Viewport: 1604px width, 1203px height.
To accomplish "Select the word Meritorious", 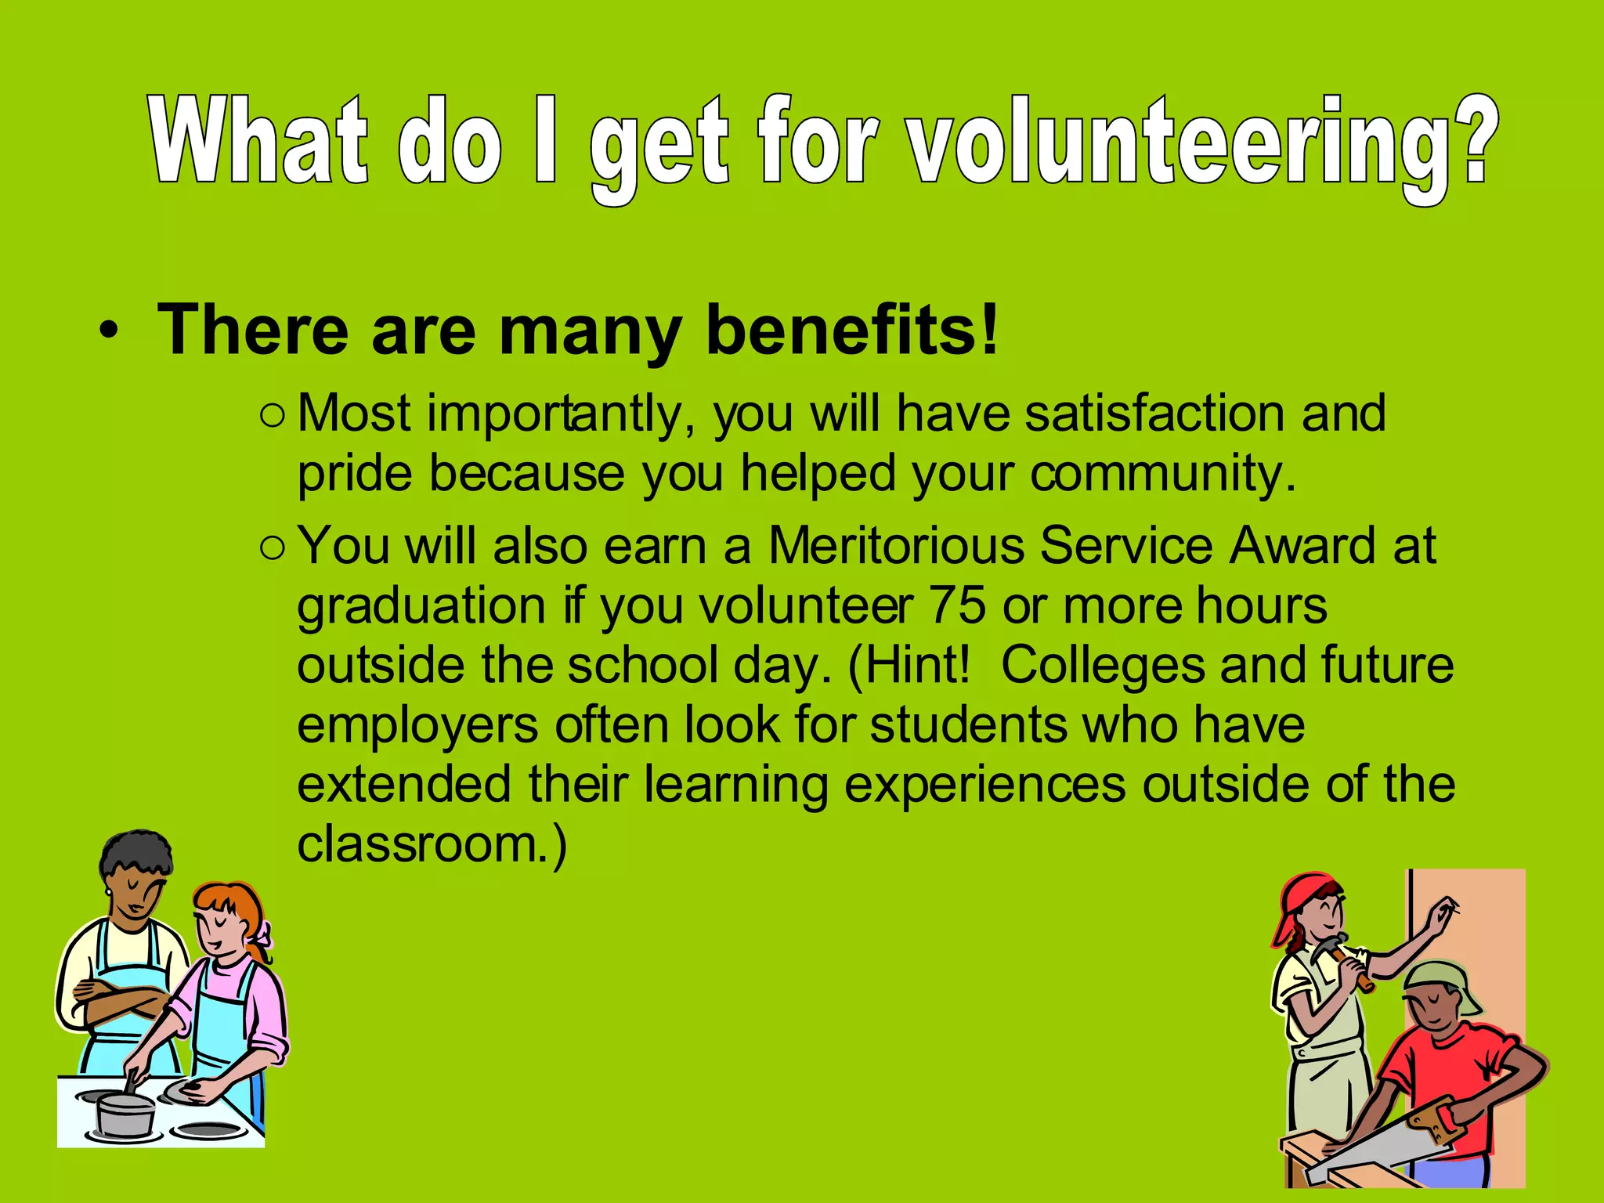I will click(896, 545).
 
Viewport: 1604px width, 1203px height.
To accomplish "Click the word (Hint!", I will click(909, 666).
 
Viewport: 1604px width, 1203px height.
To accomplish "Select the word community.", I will click(1163, 474).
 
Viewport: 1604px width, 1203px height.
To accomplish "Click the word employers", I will click(417, 725).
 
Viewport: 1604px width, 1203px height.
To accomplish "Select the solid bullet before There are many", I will click(109, 332).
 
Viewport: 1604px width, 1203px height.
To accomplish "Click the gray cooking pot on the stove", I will click(125, 1111).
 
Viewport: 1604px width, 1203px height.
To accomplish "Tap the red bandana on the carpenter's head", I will click(1300, 901).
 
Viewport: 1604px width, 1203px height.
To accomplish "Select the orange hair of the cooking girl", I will click(235, 901).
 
